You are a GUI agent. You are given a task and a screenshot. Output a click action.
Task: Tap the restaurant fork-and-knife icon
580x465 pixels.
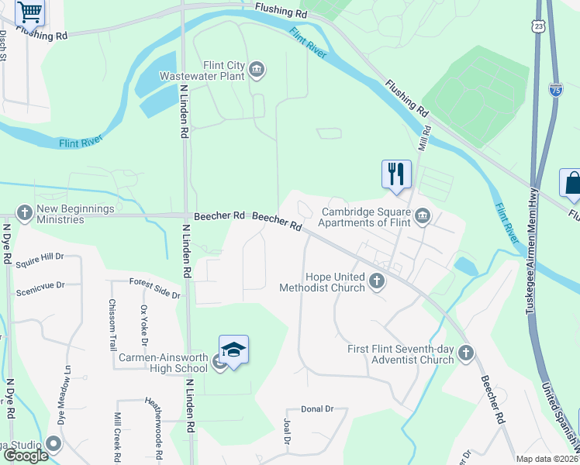[x=396, y=174]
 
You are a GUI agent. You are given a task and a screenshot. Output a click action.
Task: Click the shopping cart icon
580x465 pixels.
[x=30, y=12]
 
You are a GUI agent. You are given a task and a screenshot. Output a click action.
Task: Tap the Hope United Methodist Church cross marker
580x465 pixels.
[x=377, y=281]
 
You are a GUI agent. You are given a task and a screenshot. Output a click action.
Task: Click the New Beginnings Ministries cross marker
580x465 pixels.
[x=24, y=212]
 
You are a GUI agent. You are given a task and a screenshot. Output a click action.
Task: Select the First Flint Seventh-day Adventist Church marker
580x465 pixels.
[x=465, y=353]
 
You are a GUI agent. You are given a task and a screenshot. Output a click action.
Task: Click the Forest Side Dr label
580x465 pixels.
[x=154, y=288]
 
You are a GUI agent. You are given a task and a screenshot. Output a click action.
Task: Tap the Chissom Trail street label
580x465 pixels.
[x=112, y=323]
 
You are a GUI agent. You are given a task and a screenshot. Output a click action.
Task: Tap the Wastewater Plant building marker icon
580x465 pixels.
[x=257, y=71]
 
